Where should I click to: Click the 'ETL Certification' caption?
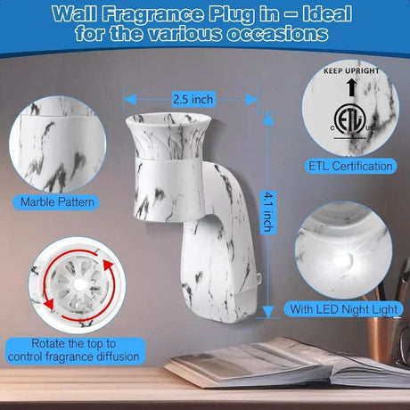pos(348,166)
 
